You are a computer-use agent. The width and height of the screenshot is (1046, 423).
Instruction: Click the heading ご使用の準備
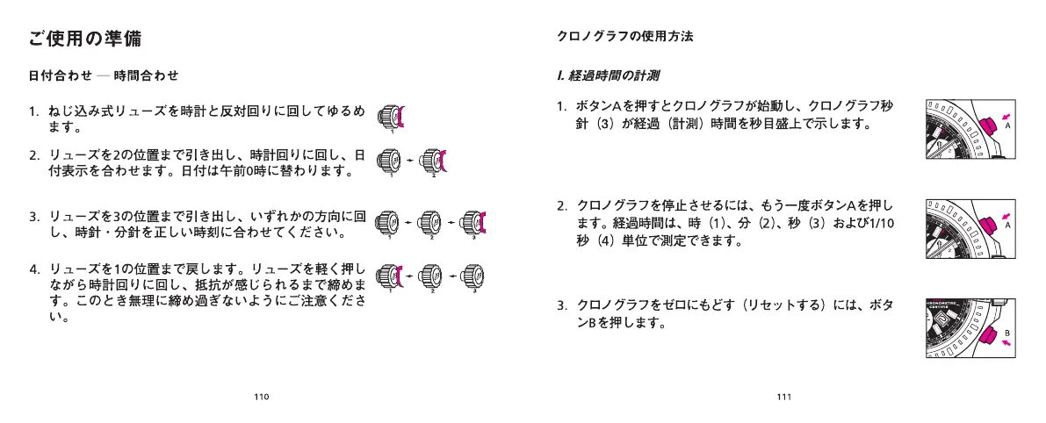click(x=85, y=39)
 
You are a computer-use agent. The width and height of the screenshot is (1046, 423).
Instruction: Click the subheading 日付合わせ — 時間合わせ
click(x=104, y=75)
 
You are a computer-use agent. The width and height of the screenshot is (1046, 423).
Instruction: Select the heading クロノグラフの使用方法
click(x=625, y=37)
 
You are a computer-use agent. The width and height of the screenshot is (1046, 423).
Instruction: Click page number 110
click(x=261, y=397)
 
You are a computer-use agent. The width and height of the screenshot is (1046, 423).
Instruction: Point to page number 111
click(x=784, y=397)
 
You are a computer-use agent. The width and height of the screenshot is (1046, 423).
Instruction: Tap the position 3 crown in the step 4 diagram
click(x=471, y=276)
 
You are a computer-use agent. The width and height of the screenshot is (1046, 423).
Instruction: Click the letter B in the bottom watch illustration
click(x=1007, y=333)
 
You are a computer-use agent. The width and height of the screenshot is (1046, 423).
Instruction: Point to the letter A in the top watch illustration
click(x=1007, y=125)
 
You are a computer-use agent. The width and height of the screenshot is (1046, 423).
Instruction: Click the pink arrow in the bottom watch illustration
click(x=1006, y=344)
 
